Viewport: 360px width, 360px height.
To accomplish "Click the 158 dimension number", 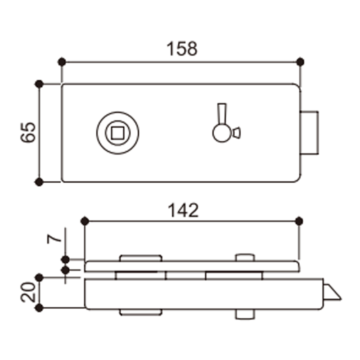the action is (x=182, y=49).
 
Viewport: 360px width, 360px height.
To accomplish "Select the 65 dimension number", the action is (x=28, y=132).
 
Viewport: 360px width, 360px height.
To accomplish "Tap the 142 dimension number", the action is (x=183, y=210).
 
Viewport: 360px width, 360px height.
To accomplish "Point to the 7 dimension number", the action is (x=54, y=239).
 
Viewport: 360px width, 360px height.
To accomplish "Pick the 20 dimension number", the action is (x=28, y=292).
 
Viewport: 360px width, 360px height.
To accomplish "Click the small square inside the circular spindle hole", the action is (x=117, y=133).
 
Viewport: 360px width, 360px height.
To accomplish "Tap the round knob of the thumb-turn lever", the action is (x=222, y=133).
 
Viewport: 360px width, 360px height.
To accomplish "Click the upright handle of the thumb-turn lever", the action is (x=222, y=114).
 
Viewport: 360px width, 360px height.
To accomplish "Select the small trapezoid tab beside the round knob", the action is (x=237, y=133).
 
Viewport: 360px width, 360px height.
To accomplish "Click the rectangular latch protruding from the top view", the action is (x=309, y=133).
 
